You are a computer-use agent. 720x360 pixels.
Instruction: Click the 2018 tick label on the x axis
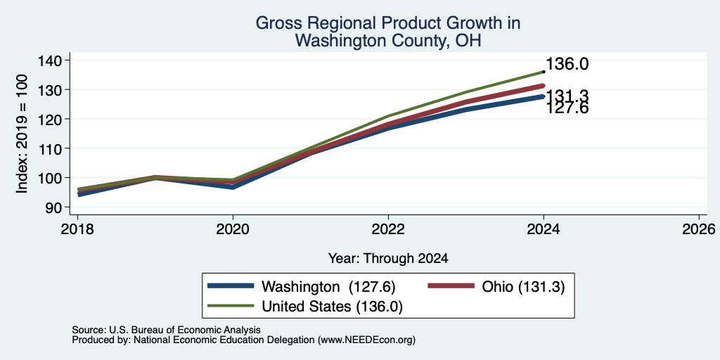[x=77, y=229]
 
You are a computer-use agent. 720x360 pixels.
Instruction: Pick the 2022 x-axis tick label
[x=388, y=229]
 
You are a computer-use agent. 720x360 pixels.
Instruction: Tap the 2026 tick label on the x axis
[x=699, y=229]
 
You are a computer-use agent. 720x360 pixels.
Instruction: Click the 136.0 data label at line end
[x=567, y=65]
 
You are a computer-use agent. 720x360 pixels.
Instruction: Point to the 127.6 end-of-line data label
[x=567, y=108]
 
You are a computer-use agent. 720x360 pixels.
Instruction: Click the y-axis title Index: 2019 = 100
[x=22, y=133]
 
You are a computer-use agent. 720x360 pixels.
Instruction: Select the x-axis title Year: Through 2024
[x=388, y=259]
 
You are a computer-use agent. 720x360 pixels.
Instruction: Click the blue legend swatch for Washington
[x=231, y=285]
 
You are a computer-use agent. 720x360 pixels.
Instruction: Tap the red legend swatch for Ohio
[x=451, y=285]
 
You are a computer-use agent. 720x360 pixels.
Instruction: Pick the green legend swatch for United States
[x=231, y=305]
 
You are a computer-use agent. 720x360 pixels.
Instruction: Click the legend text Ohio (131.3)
[x=523, y=287]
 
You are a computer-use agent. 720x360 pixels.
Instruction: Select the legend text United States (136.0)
[x=332, y=307]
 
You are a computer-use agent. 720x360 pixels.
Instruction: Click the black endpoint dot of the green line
[x=544, y=72]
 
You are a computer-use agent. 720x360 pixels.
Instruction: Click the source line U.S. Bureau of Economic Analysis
[x=185, y=330]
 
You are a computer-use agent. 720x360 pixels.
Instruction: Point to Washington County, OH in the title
[x=388, y=41]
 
